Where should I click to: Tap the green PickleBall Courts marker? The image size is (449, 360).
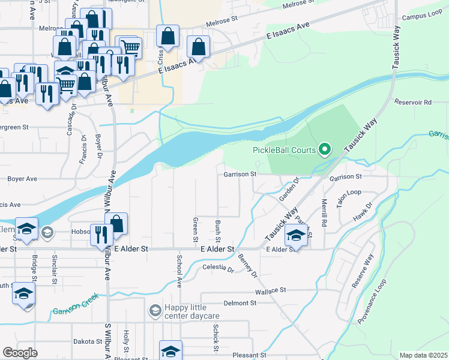325,148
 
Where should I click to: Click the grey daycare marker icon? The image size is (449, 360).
155,311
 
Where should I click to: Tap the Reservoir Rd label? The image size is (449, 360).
413,103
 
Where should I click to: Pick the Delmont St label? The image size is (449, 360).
240,304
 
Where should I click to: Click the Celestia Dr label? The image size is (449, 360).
217,268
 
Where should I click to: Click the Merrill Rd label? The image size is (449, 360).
324,212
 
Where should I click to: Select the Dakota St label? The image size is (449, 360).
88,341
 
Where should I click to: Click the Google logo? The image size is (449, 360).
20,352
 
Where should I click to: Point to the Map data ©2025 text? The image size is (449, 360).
423,355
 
